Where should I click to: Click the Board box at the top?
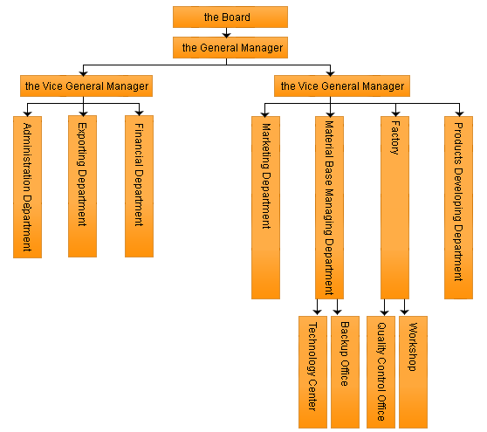point(230,17)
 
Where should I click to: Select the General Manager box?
point(230,47)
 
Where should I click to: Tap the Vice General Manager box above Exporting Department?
point(86,86)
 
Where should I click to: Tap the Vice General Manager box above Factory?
point(342,86)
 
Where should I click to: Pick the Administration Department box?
point(27,187)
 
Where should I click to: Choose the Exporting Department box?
point(82,187)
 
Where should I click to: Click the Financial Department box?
point(139,187)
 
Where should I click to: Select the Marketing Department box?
point(265,208)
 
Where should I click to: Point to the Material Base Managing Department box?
point(329,208)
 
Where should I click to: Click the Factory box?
point(394,208)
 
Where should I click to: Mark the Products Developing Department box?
point(458,208)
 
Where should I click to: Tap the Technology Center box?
point(312,372)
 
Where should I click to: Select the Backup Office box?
point(345,372)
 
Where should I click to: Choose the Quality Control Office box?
point(381,372)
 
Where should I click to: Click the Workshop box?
point(413,372)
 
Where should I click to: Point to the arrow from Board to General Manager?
point(226,32)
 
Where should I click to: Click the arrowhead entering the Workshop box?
point(404,312)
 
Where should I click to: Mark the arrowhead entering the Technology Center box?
point(317,312)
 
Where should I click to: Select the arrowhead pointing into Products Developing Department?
point(459,113)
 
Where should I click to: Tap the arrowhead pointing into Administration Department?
point(28,113)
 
